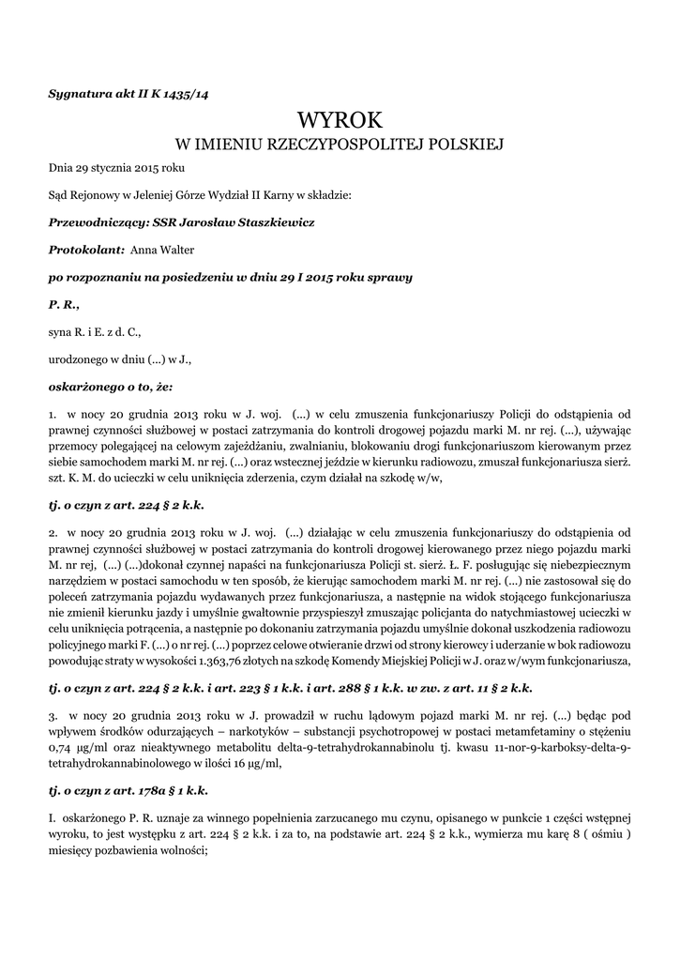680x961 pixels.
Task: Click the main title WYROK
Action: point(340,119)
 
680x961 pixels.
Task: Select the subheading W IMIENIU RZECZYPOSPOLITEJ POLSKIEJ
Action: point(340,145)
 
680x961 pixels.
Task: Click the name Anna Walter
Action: point(162,250)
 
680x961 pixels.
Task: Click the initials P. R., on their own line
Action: point(64,304)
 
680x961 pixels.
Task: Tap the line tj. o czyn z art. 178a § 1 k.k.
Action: point(128,789)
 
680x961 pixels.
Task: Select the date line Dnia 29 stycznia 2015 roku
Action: point(116,168)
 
